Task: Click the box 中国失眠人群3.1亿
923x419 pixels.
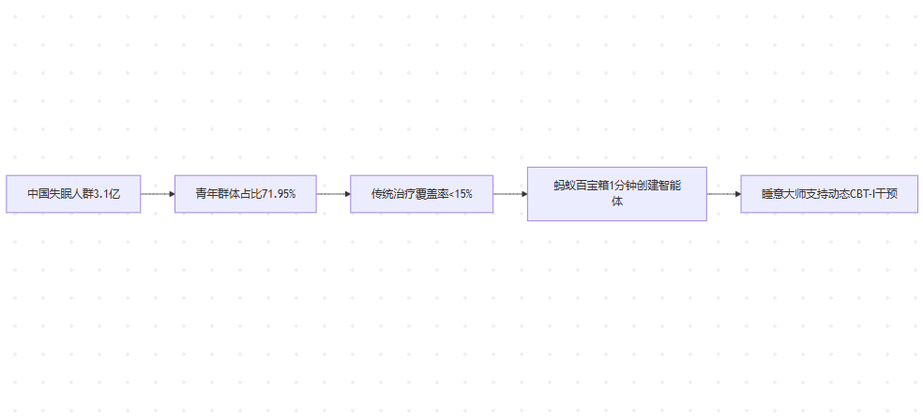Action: click(73, 194)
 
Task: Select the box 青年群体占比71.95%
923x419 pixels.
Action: click(245, 194)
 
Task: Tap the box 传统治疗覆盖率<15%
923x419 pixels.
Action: click(421, 194)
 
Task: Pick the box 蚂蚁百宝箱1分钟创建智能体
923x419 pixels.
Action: click(616, 194)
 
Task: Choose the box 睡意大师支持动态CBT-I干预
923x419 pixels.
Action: click(828, 194)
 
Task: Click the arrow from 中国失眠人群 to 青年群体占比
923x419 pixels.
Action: click(158, 194)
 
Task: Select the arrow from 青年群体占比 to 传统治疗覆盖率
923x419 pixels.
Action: click(333, 194)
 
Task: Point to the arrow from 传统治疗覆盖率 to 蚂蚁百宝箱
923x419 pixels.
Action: click(509, 194)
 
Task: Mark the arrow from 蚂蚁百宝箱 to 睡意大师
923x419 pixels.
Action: click(723, 194)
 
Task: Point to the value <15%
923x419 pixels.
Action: click(460, 194)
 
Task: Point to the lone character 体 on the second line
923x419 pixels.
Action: click(616, 202)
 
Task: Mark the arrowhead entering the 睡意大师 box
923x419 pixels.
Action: click(736, 194)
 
